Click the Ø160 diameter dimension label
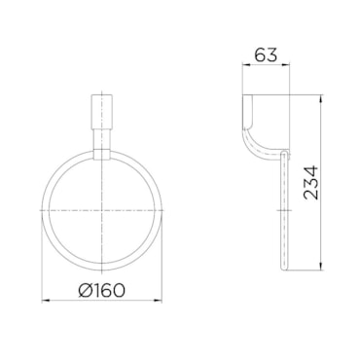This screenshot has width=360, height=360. tap(101, 290)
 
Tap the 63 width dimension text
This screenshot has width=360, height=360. tap(266, 54)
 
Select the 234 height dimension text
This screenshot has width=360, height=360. tap(311, 182)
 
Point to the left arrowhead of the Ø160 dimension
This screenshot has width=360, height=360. tap(45, 301)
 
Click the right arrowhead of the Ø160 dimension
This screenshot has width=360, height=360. tap(159, 301)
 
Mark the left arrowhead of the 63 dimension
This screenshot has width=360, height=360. tap(246, 65)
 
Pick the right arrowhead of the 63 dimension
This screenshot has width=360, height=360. tap(286, 65)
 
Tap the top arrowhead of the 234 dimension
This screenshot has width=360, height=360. tap(321, 98)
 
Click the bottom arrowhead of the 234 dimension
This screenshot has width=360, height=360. tap(321, 267)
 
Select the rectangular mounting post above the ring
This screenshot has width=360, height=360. tap(102, 111)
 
